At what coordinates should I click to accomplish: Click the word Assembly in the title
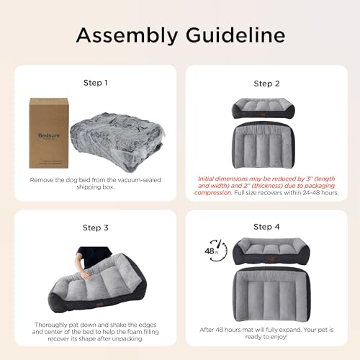pos(127,35)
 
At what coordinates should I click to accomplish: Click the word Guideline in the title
pos(235,35)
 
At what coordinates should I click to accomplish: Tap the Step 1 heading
pos(96,83)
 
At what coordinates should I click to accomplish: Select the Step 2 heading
pos(266,84)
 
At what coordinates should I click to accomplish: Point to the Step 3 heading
pos(96,228)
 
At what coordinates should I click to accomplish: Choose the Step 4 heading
pos(266,227)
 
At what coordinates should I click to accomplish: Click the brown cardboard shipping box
pos(49,133)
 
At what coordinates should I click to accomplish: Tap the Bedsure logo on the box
pos(49,135)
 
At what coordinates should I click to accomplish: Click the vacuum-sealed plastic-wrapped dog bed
pos(117,142)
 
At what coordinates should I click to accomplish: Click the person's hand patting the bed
pos(85,273)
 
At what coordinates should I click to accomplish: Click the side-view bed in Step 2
pos(264,108)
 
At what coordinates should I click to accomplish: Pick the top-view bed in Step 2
pos(264,145)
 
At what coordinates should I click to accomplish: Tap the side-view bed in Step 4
pos(271,251)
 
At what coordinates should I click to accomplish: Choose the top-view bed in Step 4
pos(271,294)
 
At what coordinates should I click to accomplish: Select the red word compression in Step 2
pos(213,193)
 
